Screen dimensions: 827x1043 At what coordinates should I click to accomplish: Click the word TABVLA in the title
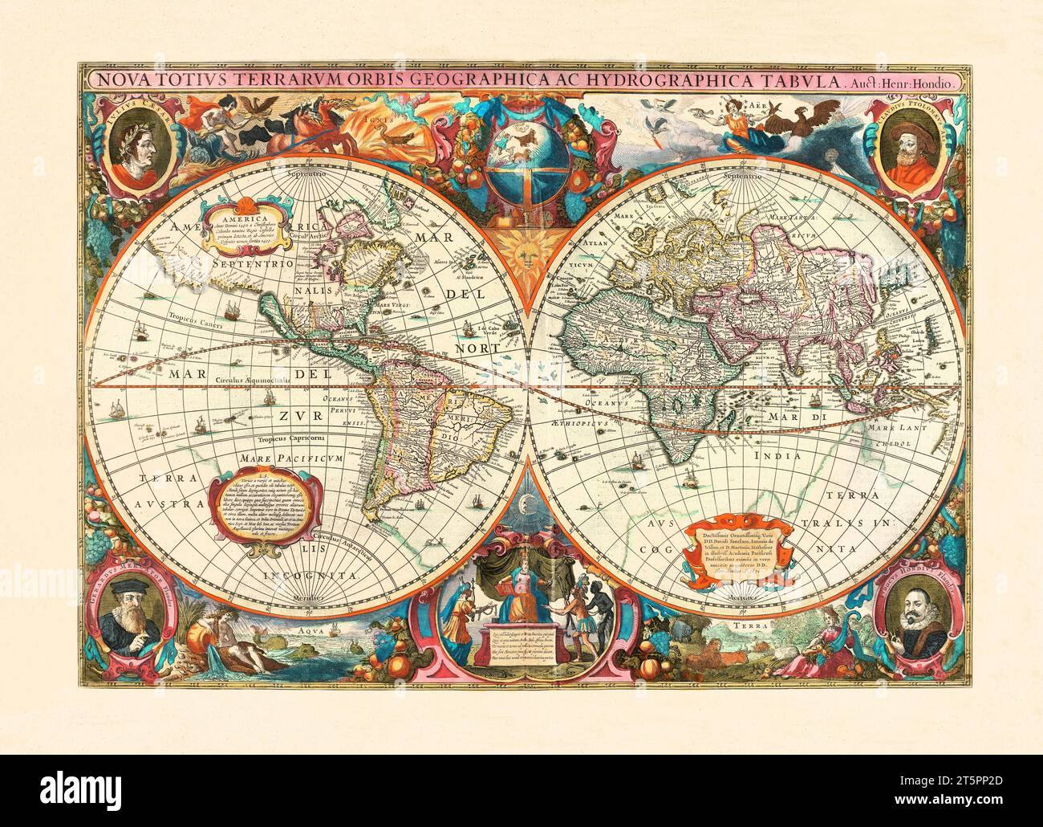(x=793, y=80)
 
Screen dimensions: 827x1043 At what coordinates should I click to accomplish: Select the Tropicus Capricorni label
(x=290, y=439)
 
